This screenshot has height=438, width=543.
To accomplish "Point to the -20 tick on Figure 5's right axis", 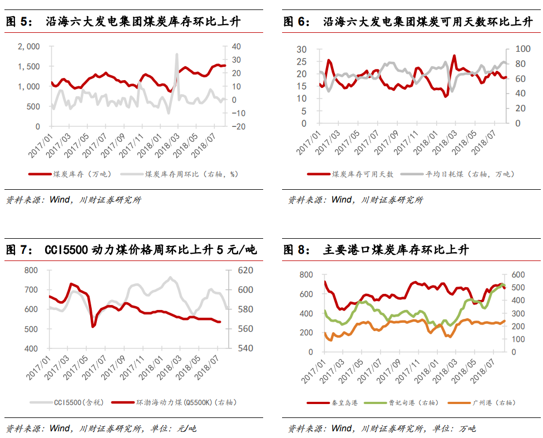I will [238, 126].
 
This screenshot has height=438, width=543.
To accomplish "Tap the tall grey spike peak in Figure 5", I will [177, 55].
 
